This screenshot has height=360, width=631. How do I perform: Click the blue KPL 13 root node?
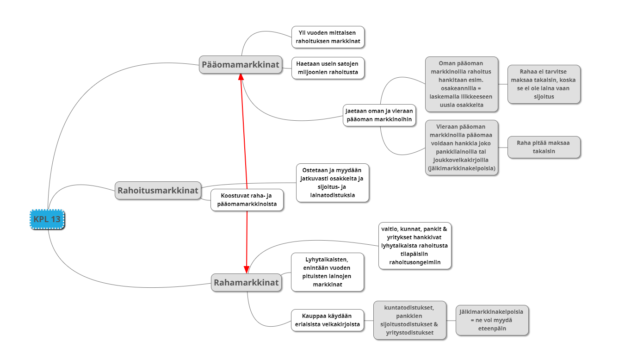(47, 219)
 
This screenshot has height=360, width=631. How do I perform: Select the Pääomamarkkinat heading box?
(241, 65)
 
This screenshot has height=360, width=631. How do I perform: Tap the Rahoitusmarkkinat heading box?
(158, 191)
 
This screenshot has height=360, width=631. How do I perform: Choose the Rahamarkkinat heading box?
(246, 283)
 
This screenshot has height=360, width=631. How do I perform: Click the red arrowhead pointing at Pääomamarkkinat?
(241, 77)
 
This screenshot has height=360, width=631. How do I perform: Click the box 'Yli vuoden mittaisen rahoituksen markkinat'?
(328, 37)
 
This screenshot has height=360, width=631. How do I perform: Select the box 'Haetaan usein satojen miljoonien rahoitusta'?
(328, 68)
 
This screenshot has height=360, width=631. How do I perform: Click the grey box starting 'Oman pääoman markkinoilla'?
(461, 84)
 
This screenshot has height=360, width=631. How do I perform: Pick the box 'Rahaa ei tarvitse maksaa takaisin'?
(544, 84)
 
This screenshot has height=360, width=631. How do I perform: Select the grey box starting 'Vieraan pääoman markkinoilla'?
(461, 147)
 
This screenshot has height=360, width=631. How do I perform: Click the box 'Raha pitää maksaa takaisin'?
(544, 147)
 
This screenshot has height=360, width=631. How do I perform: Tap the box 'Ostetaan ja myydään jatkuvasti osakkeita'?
(332, 182)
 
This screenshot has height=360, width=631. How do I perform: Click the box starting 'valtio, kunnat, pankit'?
(414, 246)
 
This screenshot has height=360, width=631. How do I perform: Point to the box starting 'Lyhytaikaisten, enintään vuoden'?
(327, 272)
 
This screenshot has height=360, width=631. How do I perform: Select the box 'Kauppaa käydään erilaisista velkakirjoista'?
(327, 320)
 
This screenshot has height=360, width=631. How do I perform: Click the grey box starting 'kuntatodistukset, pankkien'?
(410, 320)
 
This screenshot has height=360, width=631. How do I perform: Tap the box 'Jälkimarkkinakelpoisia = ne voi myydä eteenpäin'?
(492, 320)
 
